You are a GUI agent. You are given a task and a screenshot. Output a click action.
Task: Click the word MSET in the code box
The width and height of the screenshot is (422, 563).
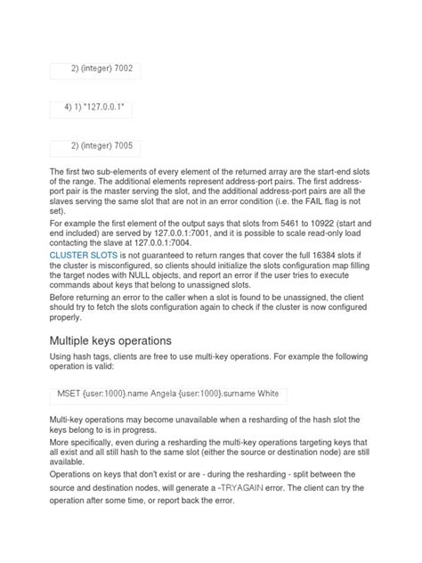coord(69,393)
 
